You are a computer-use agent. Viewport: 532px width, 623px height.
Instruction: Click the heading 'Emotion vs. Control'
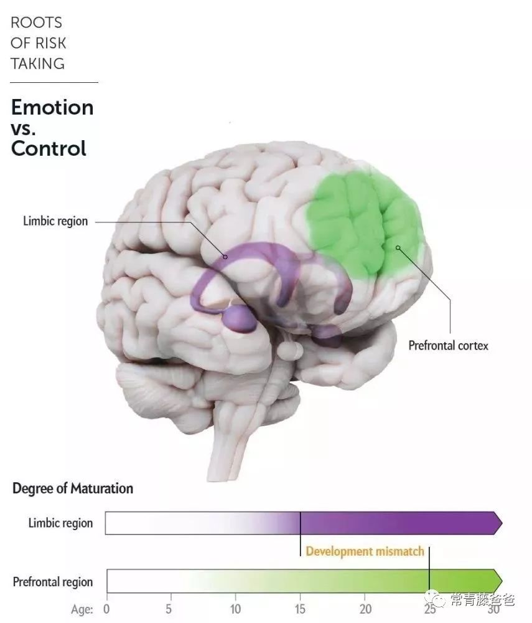point(52,128)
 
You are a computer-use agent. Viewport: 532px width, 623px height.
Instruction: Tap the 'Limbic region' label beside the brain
point(55,221)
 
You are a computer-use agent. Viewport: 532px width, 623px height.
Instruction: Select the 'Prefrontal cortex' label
point(448,345)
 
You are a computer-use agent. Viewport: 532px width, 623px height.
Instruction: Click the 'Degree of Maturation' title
point(73,488)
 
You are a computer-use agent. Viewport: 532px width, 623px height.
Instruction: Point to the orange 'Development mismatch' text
point(365,551)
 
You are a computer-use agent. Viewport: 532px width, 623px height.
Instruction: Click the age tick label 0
point(106,609)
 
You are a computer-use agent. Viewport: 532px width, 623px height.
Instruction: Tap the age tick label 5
point(169,609)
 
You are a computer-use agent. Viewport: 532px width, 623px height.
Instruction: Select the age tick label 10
point(235,609)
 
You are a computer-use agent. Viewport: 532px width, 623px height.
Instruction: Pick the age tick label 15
point(300,609)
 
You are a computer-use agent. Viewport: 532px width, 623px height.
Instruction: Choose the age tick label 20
point(365,609)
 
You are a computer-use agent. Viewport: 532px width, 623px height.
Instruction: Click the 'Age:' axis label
point(82,609)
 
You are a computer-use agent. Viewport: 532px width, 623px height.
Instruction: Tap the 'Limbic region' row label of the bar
point(60,523)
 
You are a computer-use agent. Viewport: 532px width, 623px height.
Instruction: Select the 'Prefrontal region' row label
point(53,583)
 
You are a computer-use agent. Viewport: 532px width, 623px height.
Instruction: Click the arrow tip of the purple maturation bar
point(498,523)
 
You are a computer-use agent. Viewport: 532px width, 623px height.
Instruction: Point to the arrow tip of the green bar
point(498,580)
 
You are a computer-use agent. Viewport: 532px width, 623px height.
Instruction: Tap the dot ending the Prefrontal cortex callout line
point(398,249)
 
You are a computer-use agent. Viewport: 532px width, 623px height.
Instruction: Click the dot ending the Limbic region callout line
point(226,255)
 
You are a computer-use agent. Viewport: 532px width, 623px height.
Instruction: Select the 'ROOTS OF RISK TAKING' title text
point(38,43)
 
